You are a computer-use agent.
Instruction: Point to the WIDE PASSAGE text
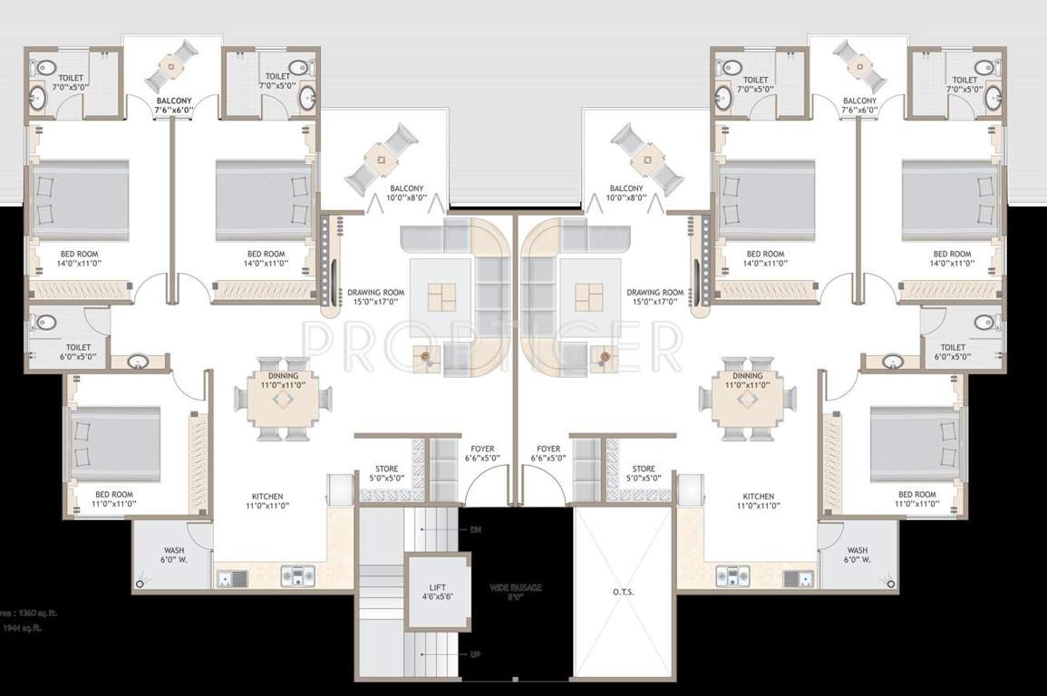[516, 587]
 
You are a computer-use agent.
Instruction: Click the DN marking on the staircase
[475, 529]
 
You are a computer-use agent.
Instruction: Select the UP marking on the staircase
[475, 653]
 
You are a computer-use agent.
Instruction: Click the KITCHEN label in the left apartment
[267, 497]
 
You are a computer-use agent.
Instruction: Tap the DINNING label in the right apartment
[748, 375]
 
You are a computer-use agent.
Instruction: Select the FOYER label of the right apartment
[548, 449]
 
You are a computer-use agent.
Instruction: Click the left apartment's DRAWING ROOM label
[375, 292]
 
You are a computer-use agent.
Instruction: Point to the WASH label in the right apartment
[857, 550]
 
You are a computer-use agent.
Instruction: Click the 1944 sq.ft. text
[22, 626]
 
